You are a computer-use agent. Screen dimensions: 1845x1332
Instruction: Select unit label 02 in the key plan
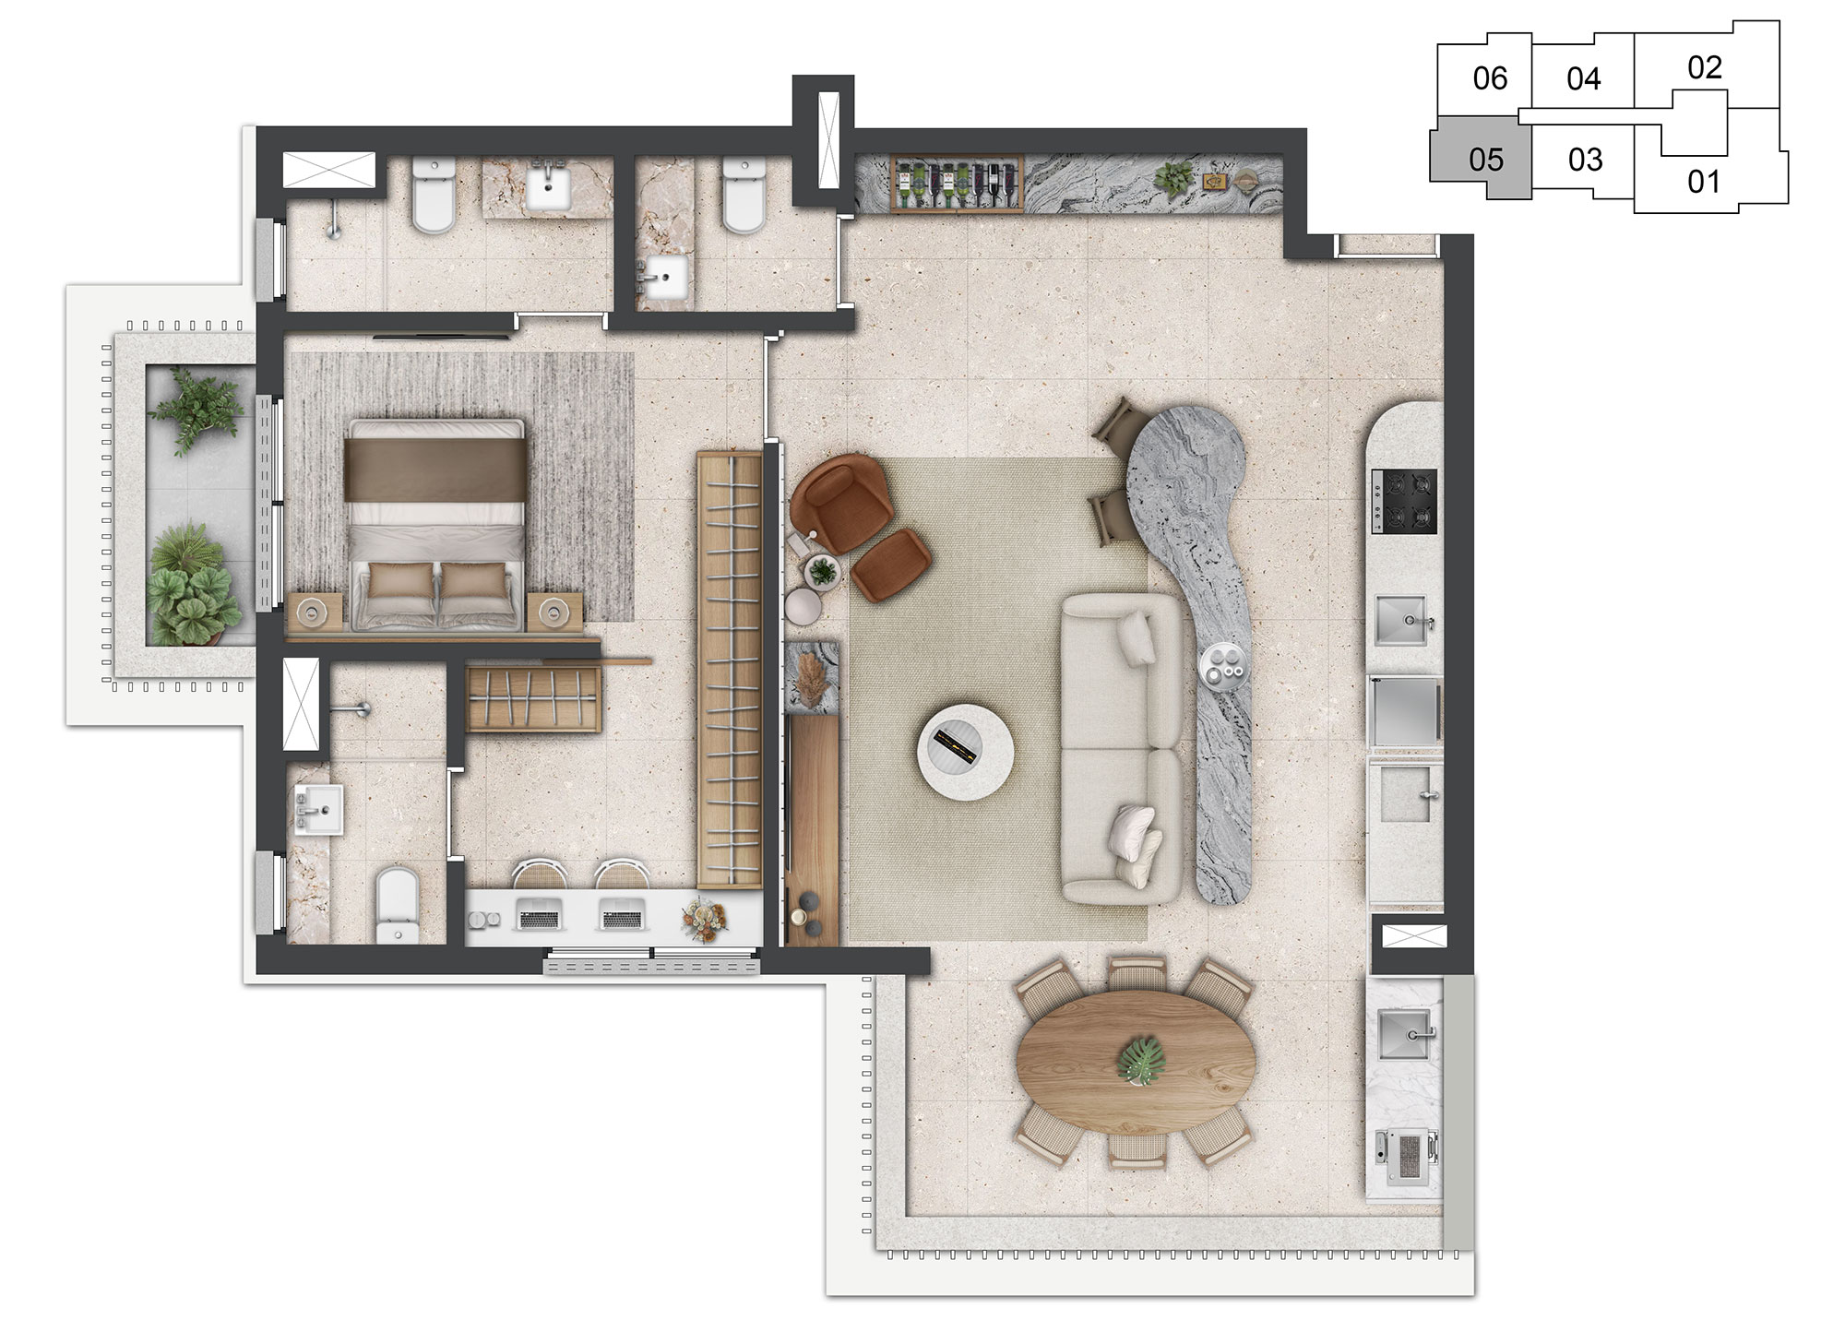[x=1705, y=67]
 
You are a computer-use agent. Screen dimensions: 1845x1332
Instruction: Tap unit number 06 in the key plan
[x=1490, y=78]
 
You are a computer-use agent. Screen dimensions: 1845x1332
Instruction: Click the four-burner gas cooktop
[x=1405, y=501]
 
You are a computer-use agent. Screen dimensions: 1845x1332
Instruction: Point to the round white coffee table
[x=965, y=752]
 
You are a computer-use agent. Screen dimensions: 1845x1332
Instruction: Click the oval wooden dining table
[x=1137, y=1062]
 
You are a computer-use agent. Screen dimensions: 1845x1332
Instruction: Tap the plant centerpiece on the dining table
[x=1141, y=1060]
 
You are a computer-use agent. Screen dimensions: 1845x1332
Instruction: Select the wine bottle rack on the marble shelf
[x=957, y=184]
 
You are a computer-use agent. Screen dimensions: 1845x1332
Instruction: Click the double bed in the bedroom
[x=434, y=525]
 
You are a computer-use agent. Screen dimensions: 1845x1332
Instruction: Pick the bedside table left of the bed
[x=315, y=610]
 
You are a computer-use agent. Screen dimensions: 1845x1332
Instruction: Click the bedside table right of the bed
[x=554, y=610]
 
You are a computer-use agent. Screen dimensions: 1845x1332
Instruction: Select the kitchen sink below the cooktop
[x=1404, y=619]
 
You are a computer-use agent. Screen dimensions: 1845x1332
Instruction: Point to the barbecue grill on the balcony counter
[x=1408, y=1157]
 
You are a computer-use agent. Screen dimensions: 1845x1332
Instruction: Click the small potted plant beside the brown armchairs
[x=821, y=571]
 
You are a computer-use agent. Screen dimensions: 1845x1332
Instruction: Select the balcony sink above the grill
[x=1406, y=1035]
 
